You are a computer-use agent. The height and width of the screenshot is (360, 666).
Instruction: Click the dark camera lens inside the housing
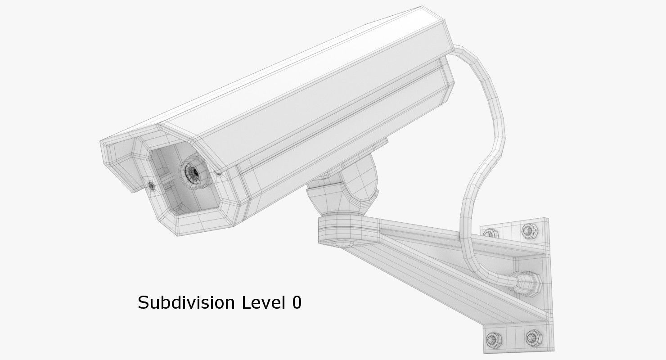point(194,171)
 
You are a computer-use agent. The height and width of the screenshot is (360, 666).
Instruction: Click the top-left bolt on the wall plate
point(490,233)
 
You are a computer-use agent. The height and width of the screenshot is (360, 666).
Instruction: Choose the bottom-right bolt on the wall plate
point(532,336)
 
